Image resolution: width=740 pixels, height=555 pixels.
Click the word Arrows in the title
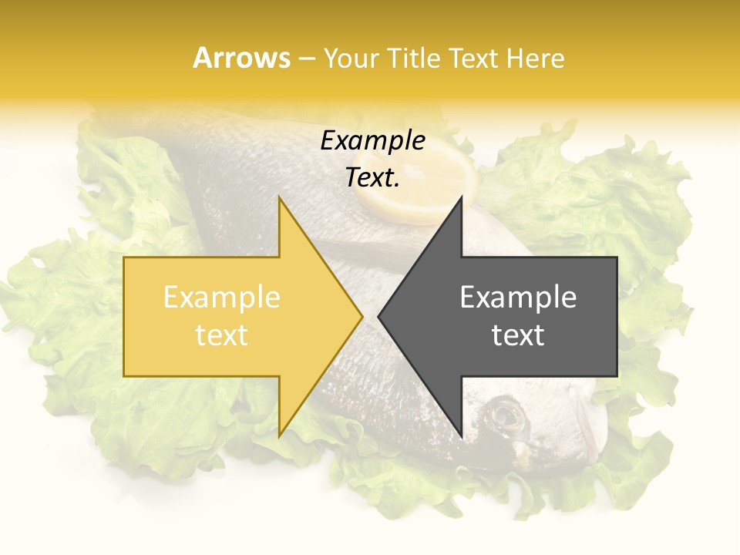[x=241, y=58]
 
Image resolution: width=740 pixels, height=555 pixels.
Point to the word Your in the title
[x=351, y=58]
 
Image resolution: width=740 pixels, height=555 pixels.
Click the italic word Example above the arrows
[x=372, y=141]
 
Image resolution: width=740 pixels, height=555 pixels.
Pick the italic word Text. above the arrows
[x=372, y=178]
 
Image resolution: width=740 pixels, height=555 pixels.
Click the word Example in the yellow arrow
[x=221, y=298]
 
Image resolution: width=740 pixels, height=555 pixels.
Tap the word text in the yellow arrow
[x=221, y=335]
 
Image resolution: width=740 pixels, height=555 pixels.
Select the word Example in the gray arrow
[x=518, y=298]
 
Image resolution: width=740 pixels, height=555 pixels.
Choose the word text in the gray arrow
[x=518, y=335]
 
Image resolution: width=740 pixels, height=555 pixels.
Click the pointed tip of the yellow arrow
[x=361, y=316]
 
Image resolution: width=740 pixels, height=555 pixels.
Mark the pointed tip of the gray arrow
[x=379, y=316]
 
